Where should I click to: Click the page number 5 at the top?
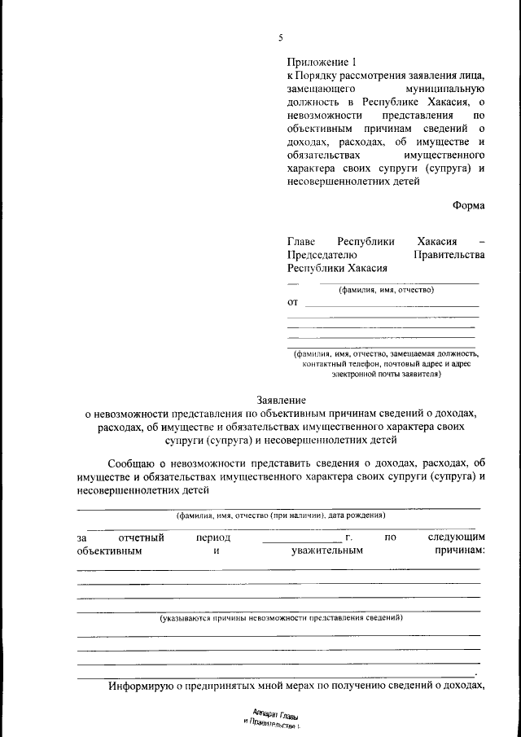(x=280, y=37)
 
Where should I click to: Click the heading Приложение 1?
(x=322, y=62)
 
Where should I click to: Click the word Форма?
(x=469, y=205)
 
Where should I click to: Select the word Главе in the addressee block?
(x=301, y=242)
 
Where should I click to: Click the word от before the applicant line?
(x=293, y=302)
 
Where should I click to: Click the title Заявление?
(x=281, y=400)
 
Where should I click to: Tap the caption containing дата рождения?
(x=281, y=515)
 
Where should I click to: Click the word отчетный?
(x=142, y=537)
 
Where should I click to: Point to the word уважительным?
(x=326, y=551)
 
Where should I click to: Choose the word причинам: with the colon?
(x=456, y=551)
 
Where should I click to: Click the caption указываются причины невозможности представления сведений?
(x=281, y=618)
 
